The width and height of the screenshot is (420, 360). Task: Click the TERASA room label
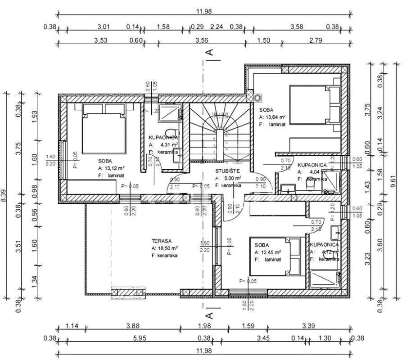[x=162, y=241]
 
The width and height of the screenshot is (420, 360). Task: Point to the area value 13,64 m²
[x=275, y=117]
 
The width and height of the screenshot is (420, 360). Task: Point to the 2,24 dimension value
[x=217, y=27]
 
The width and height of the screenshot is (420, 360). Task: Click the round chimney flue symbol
[x=258, y=97]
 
